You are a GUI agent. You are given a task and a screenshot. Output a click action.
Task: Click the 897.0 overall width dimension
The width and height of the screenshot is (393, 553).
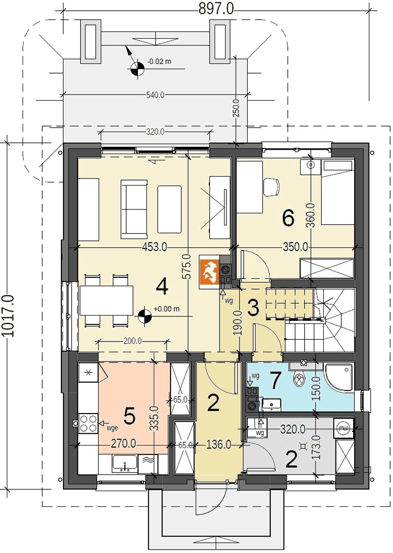coord(216,8)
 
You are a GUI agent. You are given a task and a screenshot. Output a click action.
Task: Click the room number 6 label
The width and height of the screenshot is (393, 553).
coord(288,219)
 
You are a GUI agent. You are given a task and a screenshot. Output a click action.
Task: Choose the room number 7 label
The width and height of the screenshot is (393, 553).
coord(275,379)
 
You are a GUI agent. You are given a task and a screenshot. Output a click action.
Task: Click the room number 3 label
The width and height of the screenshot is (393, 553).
coord(253,308)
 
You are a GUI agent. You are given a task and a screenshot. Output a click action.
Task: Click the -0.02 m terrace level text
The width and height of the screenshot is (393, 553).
coord(159,61)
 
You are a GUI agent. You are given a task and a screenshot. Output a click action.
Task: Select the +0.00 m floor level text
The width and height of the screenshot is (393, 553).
coord(167,309)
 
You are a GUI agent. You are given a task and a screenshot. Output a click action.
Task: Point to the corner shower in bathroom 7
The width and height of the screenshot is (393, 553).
coord(339,378)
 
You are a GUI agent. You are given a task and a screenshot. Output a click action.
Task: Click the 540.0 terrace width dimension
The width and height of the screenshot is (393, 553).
coord(155,95)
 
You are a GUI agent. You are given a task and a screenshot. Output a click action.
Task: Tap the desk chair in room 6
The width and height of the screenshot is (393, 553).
coord(271,186)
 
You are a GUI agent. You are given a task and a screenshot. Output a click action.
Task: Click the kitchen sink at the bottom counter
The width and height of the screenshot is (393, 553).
coord(125,463)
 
